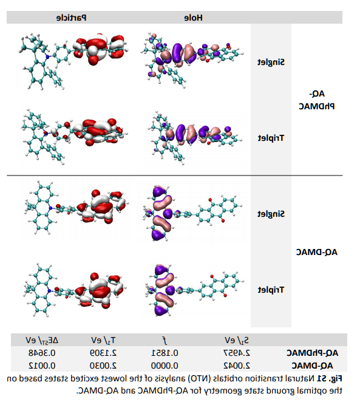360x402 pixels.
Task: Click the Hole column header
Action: (194, 18)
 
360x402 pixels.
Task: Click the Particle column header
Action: (72, 18)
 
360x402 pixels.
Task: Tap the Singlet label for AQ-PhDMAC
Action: (271, 63)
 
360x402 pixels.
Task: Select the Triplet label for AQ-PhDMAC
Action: (271, 138)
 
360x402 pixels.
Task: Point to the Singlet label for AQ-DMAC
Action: (271, 214)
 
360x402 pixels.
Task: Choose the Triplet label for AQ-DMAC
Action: (271, 290)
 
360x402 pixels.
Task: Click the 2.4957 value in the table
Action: (237, 353)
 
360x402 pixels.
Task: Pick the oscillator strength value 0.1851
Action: (165, 353)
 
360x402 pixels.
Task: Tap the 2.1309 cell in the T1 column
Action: (103, 353)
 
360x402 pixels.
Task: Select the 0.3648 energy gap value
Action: (42, 353)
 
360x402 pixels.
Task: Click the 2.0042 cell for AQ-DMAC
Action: (237, 366)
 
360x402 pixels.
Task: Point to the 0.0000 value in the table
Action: (165, 366)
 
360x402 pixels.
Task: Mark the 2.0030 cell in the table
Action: (103, 366)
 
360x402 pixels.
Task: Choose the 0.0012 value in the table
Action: (42, 366)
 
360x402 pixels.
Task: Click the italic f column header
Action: (165, 340)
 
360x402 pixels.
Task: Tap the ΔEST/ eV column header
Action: (42, 341)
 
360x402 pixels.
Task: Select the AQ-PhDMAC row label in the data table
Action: (312, 353)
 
